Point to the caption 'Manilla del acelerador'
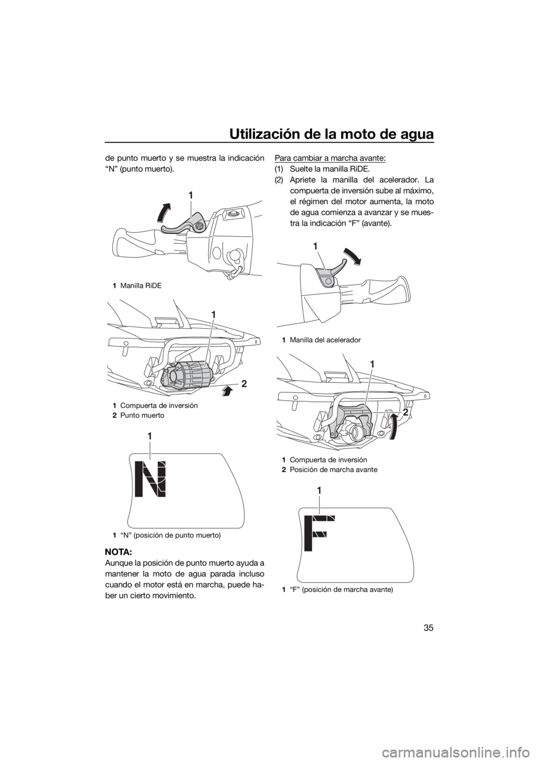[326, 340]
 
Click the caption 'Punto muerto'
[142, 415]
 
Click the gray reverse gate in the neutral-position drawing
[188, 374]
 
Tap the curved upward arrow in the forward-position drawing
[392, 426]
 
